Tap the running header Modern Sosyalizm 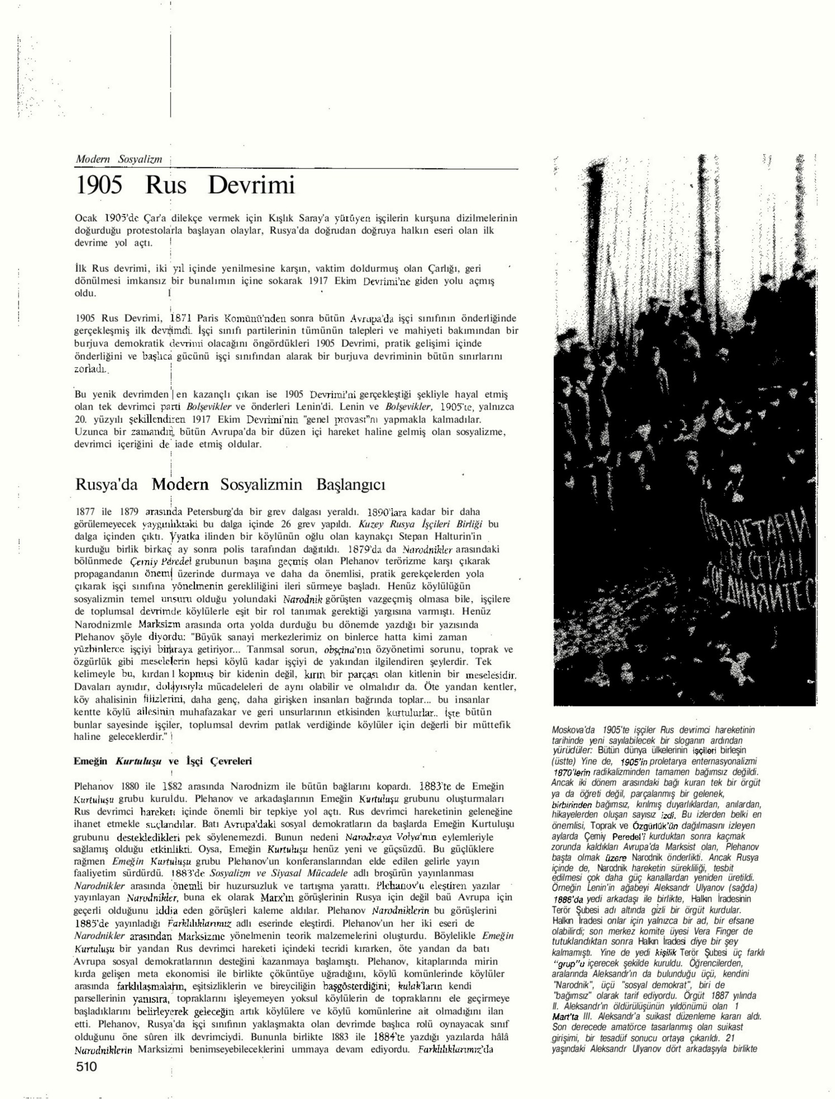pos(119,159)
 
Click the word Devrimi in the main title pos(251,185)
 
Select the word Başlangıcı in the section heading pos(351,484)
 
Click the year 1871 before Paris pos(181,318)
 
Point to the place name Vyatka pos(185,536)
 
